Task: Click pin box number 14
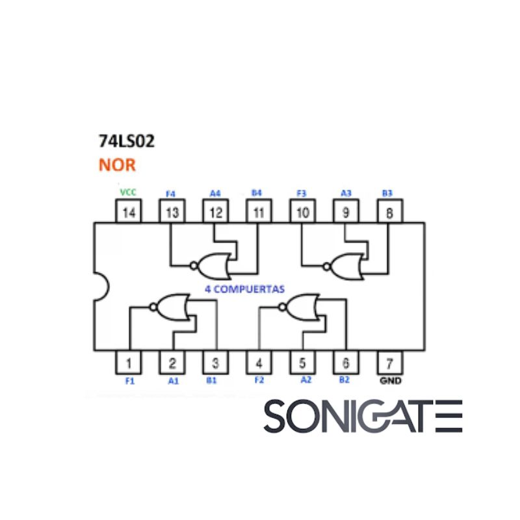click(x=129, y=212)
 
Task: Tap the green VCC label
click(x=128, y=193)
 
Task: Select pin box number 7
click(x=389, y=362)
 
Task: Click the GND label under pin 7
click(x=389, y=380)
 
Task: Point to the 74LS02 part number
click(x=126, y=142)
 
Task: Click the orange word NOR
click(x=117, y=164)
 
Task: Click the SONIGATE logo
click(x=363, y=416)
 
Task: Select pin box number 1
click(x=129, y=362)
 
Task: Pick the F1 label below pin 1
click(x=129, y=381)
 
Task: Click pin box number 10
click(x=302, y=212)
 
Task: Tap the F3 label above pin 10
click(x=301, y=193)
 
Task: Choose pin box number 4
click(x=259, y=362)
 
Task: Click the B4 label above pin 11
click(x=256, y=193)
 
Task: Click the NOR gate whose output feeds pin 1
click(x=170, y=306)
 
